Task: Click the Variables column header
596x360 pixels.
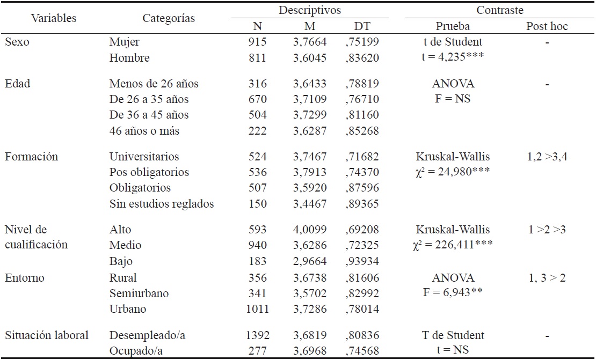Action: coord(54,18)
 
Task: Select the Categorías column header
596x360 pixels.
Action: coord(169,18)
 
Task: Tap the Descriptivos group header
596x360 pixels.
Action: coord(310,10)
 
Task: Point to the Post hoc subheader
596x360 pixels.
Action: coord(547,26)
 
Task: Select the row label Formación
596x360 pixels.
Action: coord(31,157)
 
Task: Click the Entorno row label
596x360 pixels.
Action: coord(25,277)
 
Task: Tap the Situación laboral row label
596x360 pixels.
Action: coord(47,335)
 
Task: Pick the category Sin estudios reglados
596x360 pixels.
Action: coord(162,203)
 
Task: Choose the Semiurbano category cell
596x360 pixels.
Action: coord(139,293)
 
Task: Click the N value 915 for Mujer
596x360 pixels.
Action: coord(258,42)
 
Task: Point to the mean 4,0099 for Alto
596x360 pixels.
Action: coord(310,230)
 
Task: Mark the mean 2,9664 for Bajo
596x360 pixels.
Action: coord(310,261)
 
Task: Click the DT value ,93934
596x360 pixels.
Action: coord(361,261)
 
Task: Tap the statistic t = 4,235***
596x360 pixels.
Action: coord(453,57)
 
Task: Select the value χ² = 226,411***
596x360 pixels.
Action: coord(453,245)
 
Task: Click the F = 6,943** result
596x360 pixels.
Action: coord(453,293)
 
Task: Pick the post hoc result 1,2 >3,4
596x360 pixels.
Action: coord(547,157)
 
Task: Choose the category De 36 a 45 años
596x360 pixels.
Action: coord(149,115)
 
